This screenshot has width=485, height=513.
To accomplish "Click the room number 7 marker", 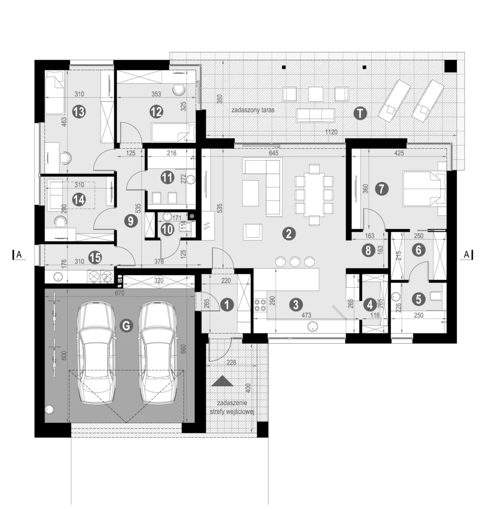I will point(382,189).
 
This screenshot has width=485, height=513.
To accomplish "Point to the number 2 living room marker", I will point(288,232).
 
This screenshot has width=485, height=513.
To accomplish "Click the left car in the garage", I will point(99,353).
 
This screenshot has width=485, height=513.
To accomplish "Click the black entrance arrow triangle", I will point(223,382).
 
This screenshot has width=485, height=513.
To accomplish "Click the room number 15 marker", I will point(95,258).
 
